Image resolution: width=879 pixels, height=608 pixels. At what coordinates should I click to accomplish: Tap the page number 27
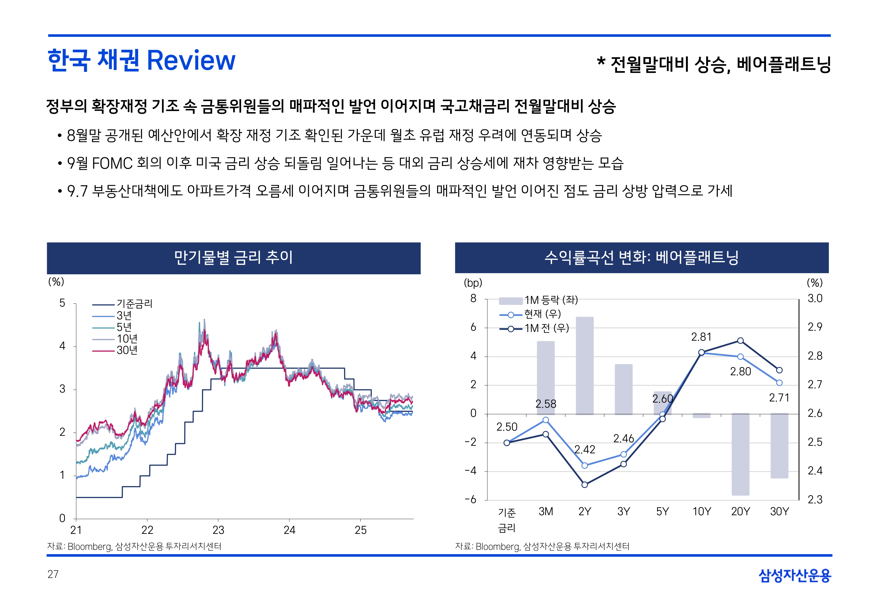pos(53,574)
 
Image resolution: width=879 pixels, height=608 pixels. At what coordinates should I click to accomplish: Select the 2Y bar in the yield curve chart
pos(584,366)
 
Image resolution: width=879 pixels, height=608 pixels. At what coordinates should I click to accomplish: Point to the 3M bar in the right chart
pos(546,378)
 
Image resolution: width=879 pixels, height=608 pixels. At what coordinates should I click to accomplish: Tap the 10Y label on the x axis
pos(701,512)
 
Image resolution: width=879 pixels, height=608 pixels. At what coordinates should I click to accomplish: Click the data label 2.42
pos(584,450)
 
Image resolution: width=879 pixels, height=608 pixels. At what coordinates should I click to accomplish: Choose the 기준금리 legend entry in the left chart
pos(134,304)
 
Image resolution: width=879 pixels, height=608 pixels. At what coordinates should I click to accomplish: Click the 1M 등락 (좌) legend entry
pos(551,300)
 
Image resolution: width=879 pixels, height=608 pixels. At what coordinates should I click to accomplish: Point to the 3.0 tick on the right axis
pos(815,298)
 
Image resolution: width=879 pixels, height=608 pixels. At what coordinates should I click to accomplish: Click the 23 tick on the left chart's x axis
pos(219,530)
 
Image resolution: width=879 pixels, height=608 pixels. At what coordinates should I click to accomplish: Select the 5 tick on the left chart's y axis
pos(62,303)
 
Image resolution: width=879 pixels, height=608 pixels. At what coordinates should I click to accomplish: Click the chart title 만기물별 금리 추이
pos(233,258)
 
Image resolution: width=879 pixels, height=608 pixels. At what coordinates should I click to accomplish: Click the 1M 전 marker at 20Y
pos(740,340)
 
